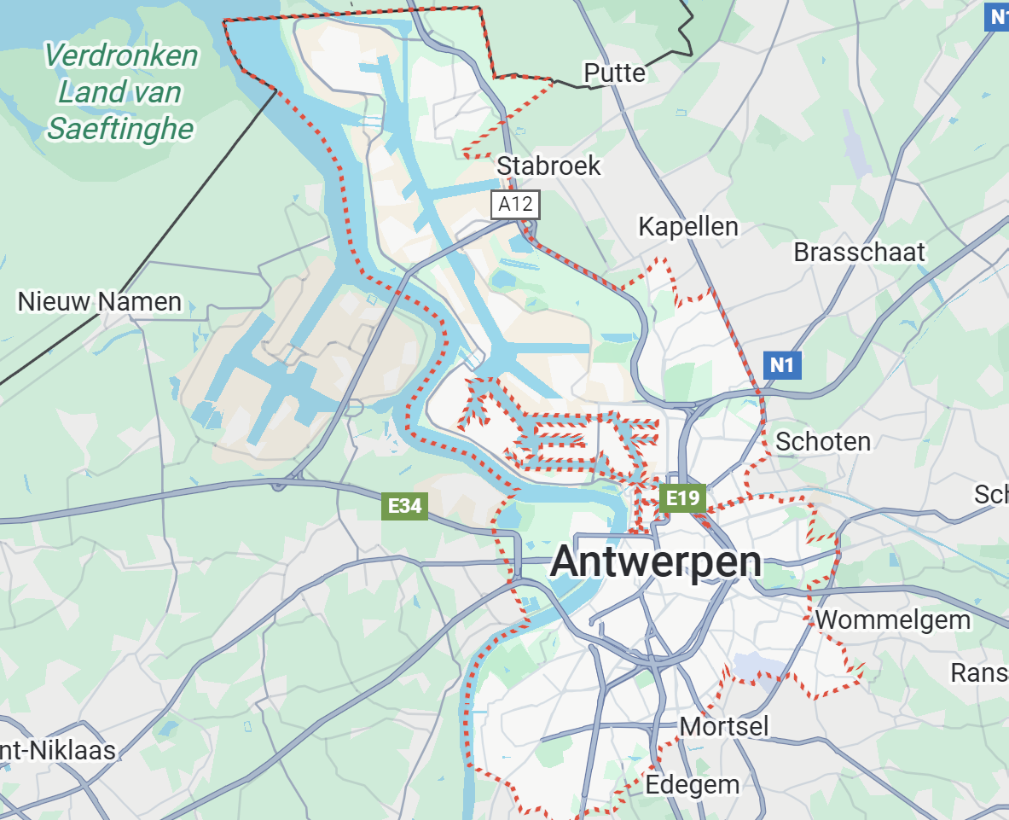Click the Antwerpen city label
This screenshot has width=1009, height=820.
(656, 561)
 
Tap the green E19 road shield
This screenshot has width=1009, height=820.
(682, 498)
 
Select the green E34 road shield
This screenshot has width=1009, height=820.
(404, 506)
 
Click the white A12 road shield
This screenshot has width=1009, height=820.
(515, 204)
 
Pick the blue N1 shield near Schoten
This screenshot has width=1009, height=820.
(781, 366)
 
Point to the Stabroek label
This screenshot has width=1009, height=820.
(548, 166)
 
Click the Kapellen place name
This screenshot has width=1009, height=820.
(688, 227)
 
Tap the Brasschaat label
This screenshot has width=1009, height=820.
(859, 253)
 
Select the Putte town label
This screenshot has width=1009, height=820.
(614, 73)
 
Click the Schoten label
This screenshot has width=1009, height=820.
(823, 441)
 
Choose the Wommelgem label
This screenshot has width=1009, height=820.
(893, 619)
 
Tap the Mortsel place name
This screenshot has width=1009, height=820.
(724, 726)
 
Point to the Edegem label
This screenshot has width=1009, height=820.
(693, 784)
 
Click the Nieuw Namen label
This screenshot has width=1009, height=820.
(100, 301)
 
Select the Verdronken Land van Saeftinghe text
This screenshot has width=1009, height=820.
(120, 92)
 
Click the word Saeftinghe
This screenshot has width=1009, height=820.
(120, 129)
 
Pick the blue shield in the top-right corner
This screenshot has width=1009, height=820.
(995, 15)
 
